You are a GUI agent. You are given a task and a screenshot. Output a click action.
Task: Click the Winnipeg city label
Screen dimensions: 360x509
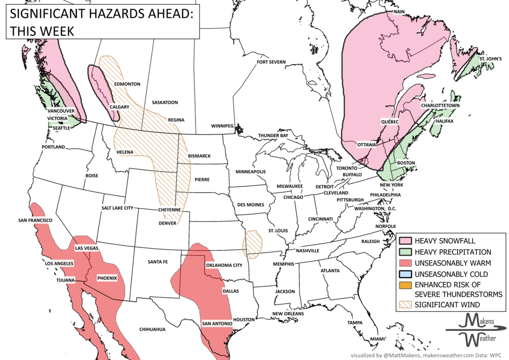tap(222, 126)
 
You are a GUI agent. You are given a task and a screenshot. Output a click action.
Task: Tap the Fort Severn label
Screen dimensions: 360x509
tap(271, 62)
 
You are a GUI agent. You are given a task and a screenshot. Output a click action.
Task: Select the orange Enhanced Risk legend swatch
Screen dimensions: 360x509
tap(406, 285)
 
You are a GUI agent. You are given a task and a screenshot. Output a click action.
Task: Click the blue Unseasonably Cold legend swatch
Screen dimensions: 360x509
tap(406, 274)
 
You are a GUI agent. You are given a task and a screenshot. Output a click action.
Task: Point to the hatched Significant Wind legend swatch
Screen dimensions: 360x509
tap(406, 305)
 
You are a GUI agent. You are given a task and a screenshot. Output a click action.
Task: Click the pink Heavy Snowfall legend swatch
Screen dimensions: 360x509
tap(406, 241)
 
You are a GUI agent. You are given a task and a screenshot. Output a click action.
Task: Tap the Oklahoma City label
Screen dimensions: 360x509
tap(223, 265)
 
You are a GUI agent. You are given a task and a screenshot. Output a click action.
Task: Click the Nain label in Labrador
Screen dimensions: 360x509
tap(400, 11)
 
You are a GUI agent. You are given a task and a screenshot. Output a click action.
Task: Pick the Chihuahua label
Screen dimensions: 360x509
tap(153, 329)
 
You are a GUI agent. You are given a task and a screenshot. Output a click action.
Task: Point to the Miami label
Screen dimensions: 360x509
tap(378, 339)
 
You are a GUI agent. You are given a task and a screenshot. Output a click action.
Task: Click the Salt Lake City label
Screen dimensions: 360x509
tap(117, 208)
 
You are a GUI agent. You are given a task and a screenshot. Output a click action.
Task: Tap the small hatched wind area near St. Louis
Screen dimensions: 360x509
tap(253, 242)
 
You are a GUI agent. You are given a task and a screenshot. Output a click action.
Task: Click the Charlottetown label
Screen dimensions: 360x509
tap(440, 105)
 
